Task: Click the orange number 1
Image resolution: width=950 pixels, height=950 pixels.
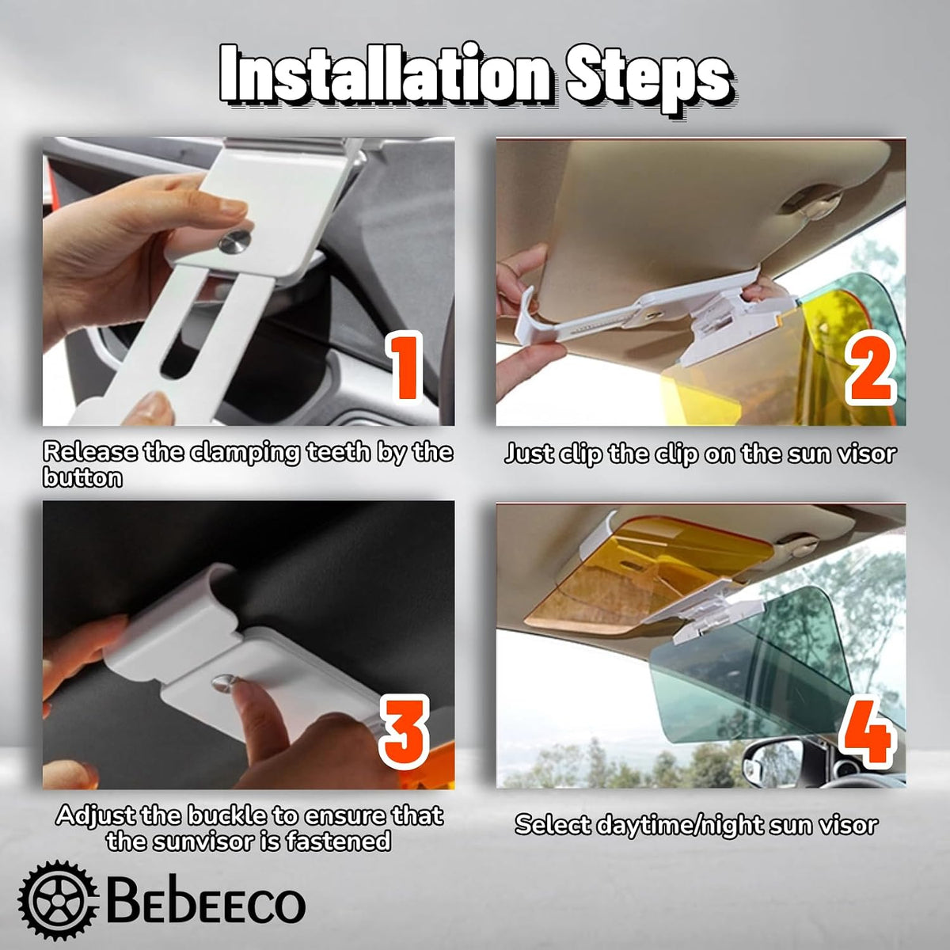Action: pyautogui.click(x=405, y=367)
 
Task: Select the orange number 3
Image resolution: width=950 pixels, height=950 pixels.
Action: pyautogui.click(x=404, y=731)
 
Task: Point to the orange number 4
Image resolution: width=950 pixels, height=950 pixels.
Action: pyautogui.click(x=866, y=739)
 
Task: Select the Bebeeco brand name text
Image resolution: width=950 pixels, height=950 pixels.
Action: pyautogui.click(x=206, y=903)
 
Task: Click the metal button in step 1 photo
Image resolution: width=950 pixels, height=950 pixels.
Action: pyautogui.click(x=234, y=241)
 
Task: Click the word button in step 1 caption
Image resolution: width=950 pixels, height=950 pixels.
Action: pyautogui.click(x=83, y=477)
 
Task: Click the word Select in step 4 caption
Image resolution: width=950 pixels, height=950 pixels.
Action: pyautogui.click(x=552, y=825)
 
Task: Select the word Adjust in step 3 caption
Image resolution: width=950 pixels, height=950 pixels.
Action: pyautogui.click(x=96, y=816)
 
